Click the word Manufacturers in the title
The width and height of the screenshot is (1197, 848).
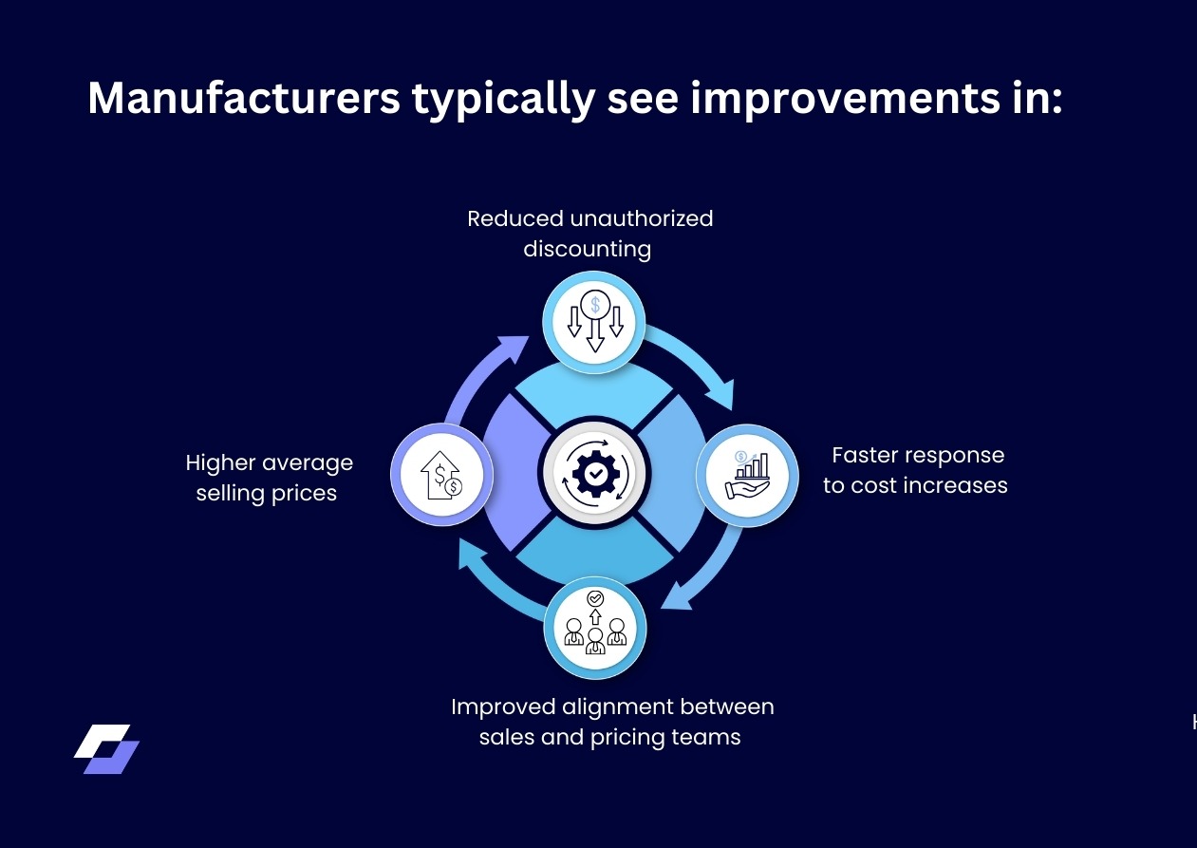244,98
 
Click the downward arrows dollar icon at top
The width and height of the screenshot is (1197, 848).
594,322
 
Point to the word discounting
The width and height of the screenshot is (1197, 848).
588,249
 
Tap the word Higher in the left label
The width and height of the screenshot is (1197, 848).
221,462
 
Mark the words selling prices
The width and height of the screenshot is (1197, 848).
267,493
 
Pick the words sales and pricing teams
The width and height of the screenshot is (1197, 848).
609,737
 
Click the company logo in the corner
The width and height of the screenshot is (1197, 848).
106,749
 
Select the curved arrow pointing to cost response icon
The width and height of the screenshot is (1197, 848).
698,361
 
